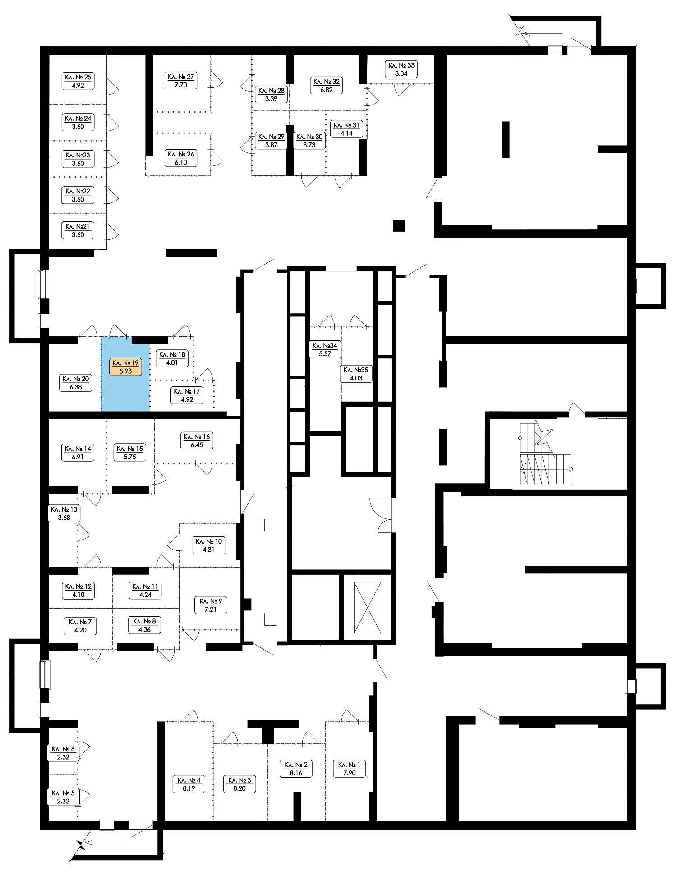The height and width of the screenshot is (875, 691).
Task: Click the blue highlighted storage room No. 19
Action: [125, 374]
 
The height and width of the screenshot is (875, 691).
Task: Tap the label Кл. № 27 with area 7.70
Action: [180, 81]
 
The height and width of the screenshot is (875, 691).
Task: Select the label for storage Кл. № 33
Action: [401, 69]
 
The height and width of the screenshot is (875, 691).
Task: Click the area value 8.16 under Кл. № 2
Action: [296, 773]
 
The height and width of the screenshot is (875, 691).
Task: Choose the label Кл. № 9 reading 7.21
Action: [211, 605]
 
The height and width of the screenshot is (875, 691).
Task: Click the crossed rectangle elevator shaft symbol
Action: [368, 608]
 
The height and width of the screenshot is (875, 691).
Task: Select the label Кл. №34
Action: [325, 349]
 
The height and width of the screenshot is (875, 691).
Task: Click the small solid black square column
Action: [399, 225]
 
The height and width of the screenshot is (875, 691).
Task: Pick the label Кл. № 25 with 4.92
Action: [78, 81]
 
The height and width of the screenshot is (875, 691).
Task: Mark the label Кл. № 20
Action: [76, 383]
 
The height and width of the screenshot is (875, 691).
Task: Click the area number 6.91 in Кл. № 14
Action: [78, 457]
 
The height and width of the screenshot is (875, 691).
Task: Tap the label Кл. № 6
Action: [63, 753]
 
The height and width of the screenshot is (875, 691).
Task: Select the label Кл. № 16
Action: [197, 440]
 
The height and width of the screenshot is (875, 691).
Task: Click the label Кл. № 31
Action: [346, 129]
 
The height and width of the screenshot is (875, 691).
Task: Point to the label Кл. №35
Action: [356, 374]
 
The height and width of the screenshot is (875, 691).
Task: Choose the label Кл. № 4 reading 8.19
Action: [189, 784]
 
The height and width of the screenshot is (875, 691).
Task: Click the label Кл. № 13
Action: [64, 513]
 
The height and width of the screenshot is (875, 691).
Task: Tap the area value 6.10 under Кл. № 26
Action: [181, 162]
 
